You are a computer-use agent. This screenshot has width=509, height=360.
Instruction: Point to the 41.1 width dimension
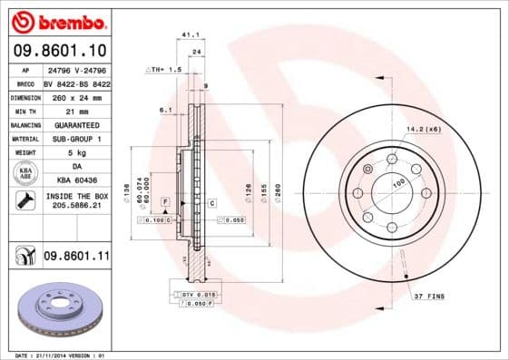pos(190,35)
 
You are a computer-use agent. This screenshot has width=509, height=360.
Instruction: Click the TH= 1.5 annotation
pos(165,69)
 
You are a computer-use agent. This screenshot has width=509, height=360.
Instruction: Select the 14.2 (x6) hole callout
pos(424,129)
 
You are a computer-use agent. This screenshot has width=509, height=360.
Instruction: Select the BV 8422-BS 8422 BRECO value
pos(76,82)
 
